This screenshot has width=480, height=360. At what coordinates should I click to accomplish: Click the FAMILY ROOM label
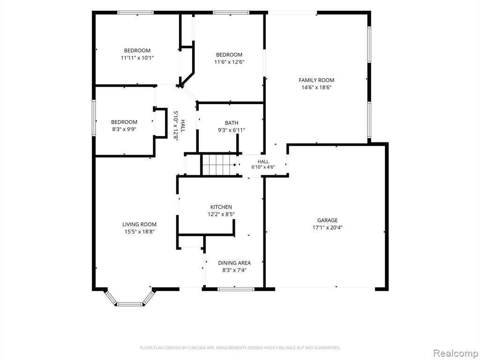pyautogui.click(x=316, y=80)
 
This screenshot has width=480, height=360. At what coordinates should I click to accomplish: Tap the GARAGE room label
pyautogui.click(x=327, y=220)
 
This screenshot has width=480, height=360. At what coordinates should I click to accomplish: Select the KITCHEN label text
pyautogui.click(x=221, y=207)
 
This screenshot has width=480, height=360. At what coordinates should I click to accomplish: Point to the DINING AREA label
pyautogui.click(x=234, y=262)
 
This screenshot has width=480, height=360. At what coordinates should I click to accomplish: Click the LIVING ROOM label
pyautogui.click(x=139, y=225)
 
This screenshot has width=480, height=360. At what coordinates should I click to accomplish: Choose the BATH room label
pyautogui.click(x=232, y=123)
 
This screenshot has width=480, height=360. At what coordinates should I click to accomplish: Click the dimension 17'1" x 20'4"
pyautogui.click(x=327, y=227)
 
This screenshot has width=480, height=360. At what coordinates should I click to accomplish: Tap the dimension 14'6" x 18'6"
pyautogui.click(x=316, y=88)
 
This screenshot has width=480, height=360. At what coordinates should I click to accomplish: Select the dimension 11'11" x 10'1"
pyautogui.click(x=137, y=58)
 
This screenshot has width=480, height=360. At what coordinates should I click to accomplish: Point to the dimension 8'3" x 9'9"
pyautogui.click(x=124, y=129)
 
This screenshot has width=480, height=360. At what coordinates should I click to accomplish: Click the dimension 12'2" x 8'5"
pyautogui.click(x=221, y=214)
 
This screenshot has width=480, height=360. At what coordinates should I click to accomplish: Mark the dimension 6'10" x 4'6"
pyautogui.click(x=263, y=167)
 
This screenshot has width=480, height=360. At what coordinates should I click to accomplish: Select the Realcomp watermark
pyautogui.click(x=455, y=353)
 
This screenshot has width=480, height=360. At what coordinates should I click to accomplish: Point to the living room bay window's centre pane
pyautogui.click(x=130, y=304)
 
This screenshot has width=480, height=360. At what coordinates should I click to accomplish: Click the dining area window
pyautogui.click(x=236, y=288)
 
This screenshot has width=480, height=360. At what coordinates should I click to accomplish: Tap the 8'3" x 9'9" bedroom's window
pyautogui.click(x=94, y=118)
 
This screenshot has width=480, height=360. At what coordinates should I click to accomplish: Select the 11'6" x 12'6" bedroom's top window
pyautogui.click(x=231, y=13)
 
